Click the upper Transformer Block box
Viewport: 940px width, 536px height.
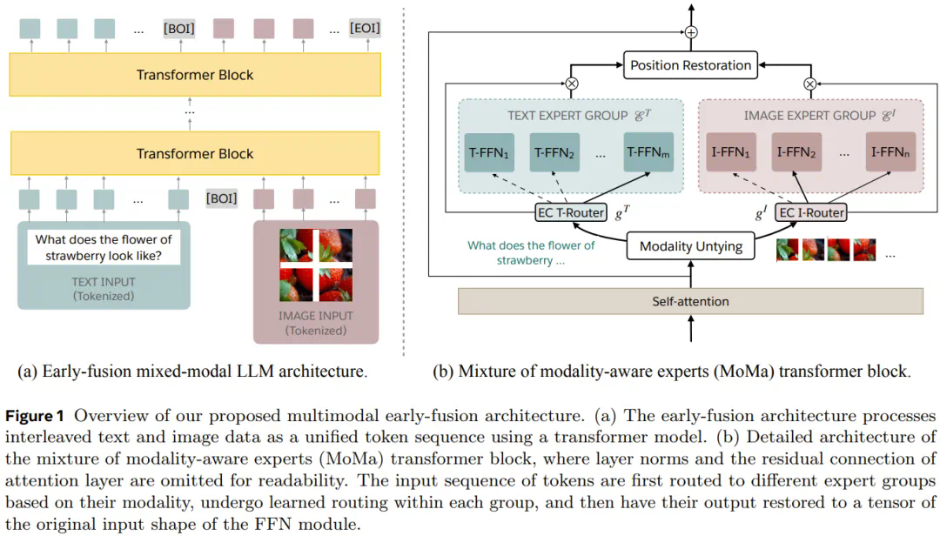[195, 75]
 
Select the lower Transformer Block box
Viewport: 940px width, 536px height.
[195, 154]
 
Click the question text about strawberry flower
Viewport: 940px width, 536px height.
[103, 248]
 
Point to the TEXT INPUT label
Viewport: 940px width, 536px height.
[104, 282]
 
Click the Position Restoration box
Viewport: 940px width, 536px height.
[690, 65]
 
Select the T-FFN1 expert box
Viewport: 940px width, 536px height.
[489, 152]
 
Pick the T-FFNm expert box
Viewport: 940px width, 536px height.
[648, 152]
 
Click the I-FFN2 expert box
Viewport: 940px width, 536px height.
[796, 152]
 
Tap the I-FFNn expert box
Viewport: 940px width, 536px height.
[890, 152]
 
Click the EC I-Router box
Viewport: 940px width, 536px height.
[811, 211]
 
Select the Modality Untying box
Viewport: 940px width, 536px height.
[691, 246]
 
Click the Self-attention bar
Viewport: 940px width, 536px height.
[690, 301]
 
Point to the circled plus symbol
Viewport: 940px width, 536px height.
[691, 32]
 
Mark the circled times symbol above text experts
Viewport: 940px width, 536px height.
[572, 84]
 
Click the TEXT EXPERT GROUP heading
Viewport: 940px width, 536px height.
[567, 116]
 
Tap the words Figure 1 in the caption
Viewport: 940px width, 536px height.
[41, 417]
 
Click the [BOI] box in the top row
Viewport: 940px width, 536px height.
[178, 29]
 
